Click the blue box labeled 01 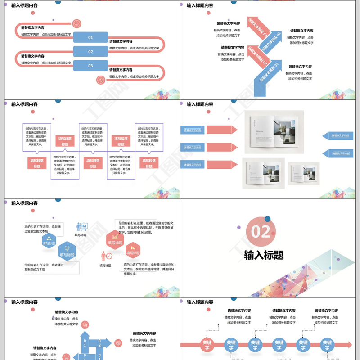click(90, 37)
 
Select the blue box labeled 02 click(90, 52)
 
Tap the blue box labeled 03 click(90, 66)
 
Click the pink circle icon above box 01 click(76, 23)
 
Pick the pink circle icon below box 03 click(100, 80)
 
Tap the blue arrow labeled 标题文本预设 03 click(271, 41)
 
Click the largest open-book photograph click(274, 132)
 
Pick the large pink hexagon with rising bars click(115, 239)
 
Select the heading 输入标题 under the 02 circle click(264, 255)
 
